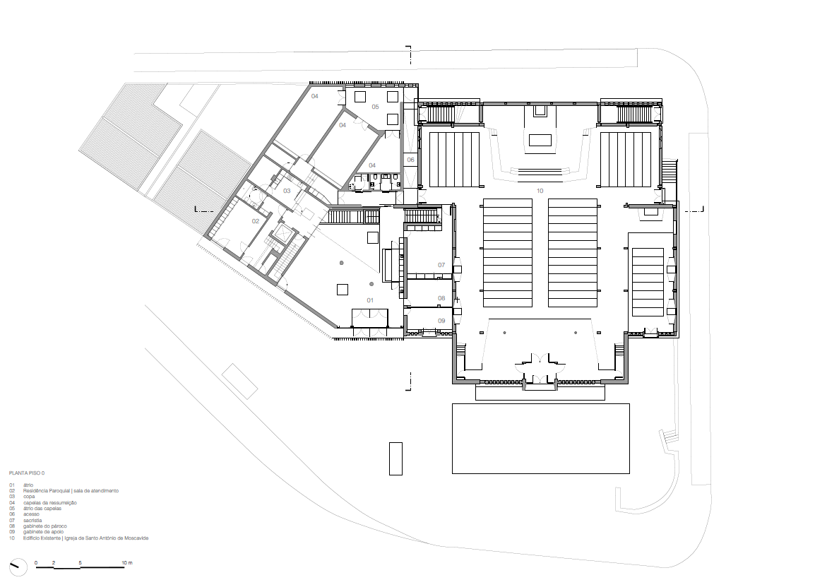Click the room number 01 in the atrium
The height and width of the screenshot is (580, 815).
369,300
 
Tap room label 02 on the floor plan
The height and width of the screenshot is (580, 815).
256,221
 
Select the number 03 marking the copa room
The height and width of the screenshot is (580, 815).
287,191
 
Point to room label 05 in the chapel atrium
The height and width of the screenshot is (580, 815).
376,107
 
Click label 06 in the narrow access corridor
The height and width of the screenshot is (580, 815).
410,160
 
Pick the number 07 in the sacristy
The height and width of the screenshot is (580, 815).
441,265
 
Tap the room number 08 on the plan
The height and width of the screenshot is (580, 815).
441,298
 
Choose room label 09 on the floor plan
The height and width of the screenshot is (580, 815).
441,321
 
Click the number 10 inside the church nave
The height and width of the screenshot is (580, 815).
540,191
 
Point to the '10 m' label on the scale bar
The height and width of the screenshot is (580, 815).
127,563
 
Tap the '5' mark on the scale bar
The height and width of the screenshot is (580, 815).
81,563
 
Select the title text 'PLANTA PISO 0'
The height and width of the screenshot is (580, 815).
27,473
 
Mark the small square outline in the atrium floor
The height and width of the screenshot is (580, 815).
343,289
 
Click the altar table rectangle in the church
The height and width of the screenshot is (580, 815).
540,140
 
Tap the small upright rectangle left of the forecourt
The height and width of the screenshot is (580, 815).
395,458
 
